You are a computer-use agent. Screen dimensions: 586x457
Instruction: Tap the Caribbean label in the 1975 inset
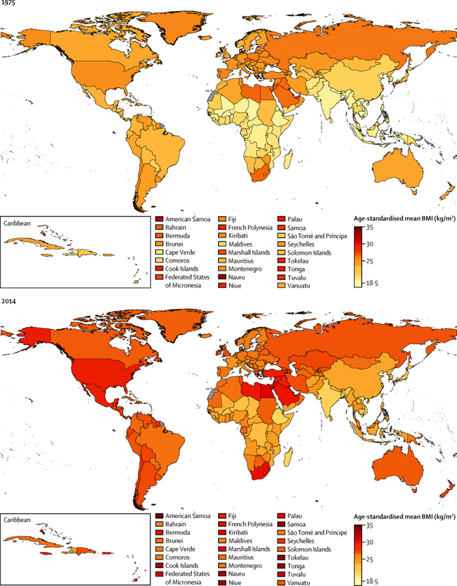click(20, 226)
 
